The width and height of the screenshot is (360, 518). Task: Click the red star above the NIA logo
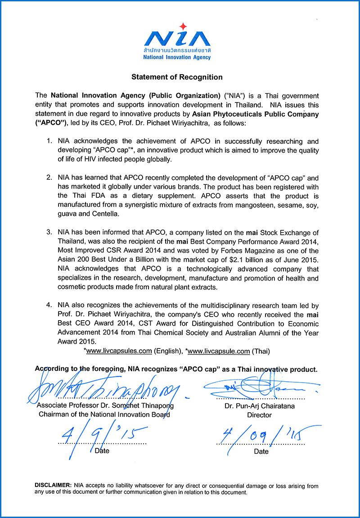pyautogui.click(x=182, y=26)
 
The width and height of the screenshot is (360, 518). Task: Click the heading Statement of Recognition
pyautogui.click(x=177, y=77)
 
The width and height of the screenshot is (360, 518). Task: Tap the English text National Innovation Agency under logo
pyautogui.click(x=177, y=58)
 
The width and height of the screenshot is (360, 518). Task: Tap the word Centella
pyautogui.click(x=107, y=214)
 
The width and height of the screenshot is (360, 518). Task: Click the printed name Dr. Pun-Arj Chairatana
pyautogui.click(x=260, y=406)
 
